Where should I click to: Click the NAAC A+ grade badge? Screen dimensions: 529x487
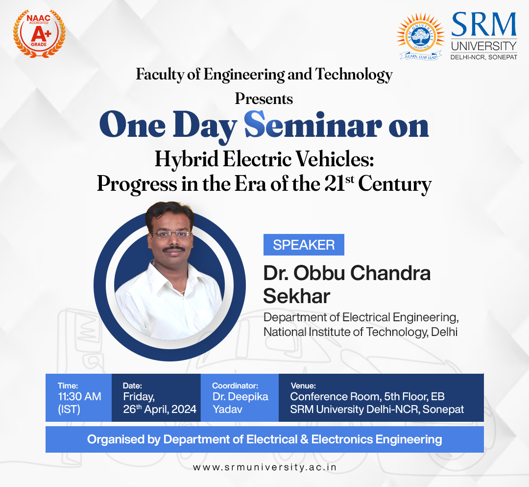pos(39,33)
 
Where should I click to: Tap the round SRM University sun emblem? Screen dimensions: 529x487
pos(420,36)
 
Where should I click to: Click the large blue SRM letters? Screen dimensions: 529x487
pos(484,25)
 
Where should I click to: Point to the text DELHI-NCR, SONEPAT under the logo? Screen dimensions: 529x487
pos(484,57)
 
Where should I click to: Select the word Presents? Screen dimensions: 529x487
pos(264,99)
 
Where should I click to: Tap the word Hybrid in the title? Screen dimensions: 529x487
pos(186,159)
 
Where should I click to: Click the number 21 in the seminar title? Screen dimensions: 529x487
pos(335,184)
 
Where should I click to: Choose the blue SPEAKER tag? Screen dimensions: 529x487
pos(304,245)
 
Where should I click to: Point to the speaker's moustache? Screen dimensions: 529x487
pos(173,249)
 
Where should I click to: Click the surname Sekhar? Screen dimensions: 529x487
pos(296,296)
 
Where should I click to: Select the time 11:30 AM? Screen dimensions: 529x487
pos(80,396)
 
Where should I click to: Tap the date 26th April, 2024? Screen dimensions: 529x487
pos(160,409)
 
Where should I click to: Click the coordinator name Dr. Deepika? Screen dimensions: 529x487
pos(240,396)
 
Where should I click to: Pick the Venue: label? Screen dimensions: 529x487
pos(303,385)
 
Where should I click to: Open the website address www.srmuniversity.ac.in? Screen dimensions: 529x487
pos(265,467)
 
